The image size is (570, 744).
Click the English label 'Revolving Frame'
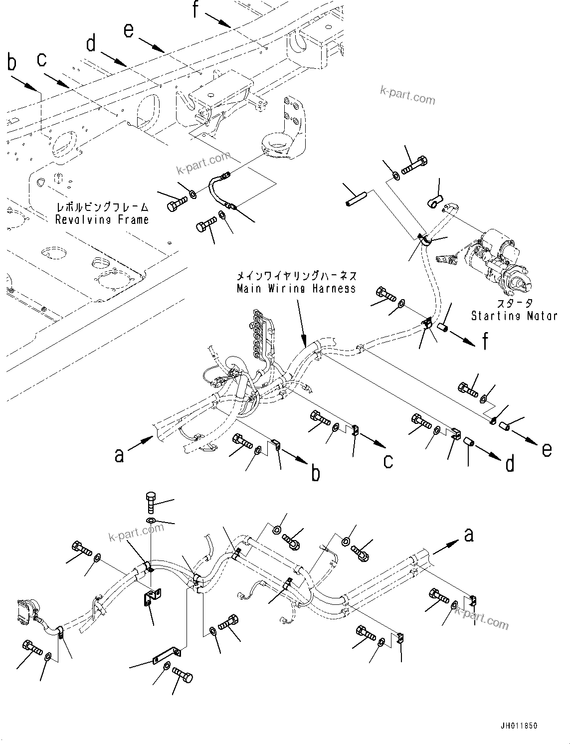click(x=102, y=219)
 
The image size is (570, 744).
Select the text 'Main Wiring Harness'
click(x=296, y=288)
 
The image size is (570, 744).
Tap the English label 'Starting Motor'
click(x=514, y=315)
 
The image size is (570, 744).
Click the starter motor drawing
click(x=499, y=262)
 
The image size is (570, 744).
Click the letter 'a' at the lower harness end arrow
click(x=468, y=535)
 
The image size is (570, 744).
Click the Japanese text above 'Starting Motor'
click(x=514, y=303)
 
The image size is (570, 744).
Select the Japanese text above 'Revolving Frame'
click(x=102, y=207)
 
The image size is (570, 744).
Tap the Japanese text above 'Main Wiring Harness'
click(x=296, y=275)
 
